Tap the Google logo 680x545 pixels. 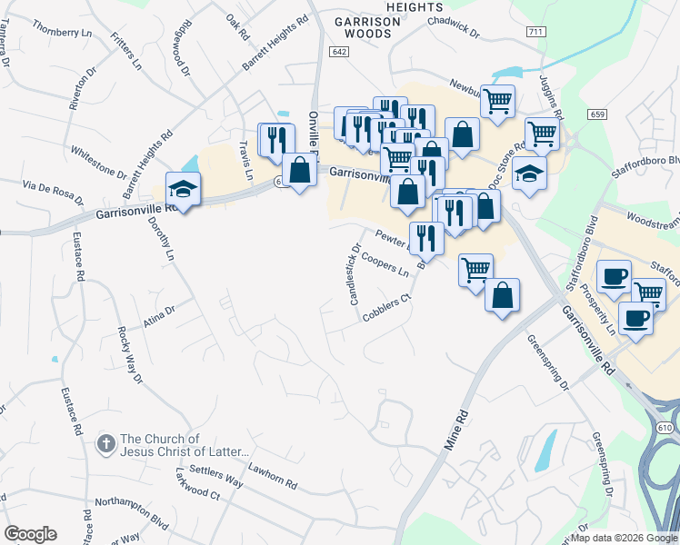[x=30, y=534]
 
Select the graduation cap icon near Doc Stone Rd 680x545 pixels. [x=528, y=173]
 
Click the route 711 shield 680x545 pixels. [x=536, y=32]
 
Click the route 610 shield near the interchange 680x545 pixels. [x=665, y=427]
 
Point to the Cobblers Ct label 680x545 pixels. [x=387, y=308]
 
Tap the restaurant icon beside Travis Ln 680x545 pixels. [x=276, y=139]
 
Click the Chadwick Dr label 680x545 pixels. [x=453, y=27]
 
